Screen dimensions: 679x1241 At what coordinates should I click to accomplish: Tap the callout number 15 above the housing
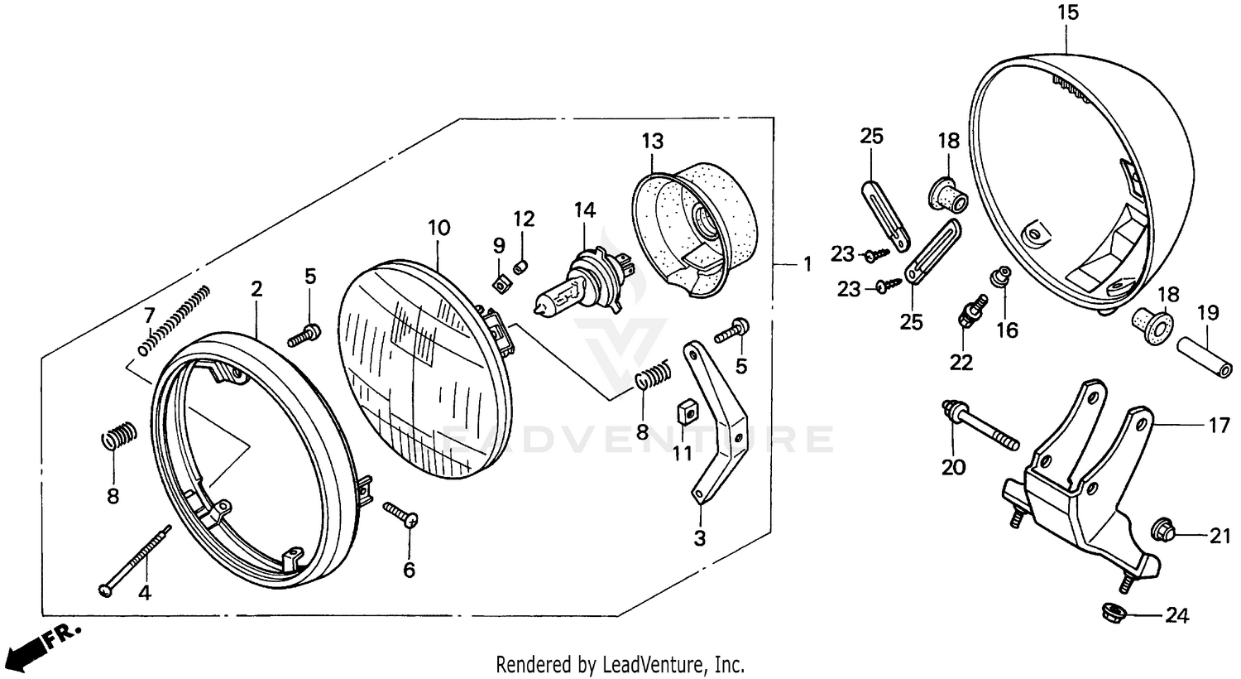(1067, 13)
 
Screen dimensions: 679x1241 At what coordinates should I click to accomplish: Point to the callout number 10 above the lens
(438, 225)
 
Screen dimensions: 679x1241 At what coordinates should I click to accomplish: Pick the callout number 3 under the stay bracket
(700, 539)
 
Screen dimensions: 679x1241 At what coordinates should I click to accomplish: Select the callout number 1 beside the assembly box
(807, 265)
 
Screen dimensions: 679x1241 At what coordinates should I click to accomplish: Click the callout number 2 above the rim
(256, 289)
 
